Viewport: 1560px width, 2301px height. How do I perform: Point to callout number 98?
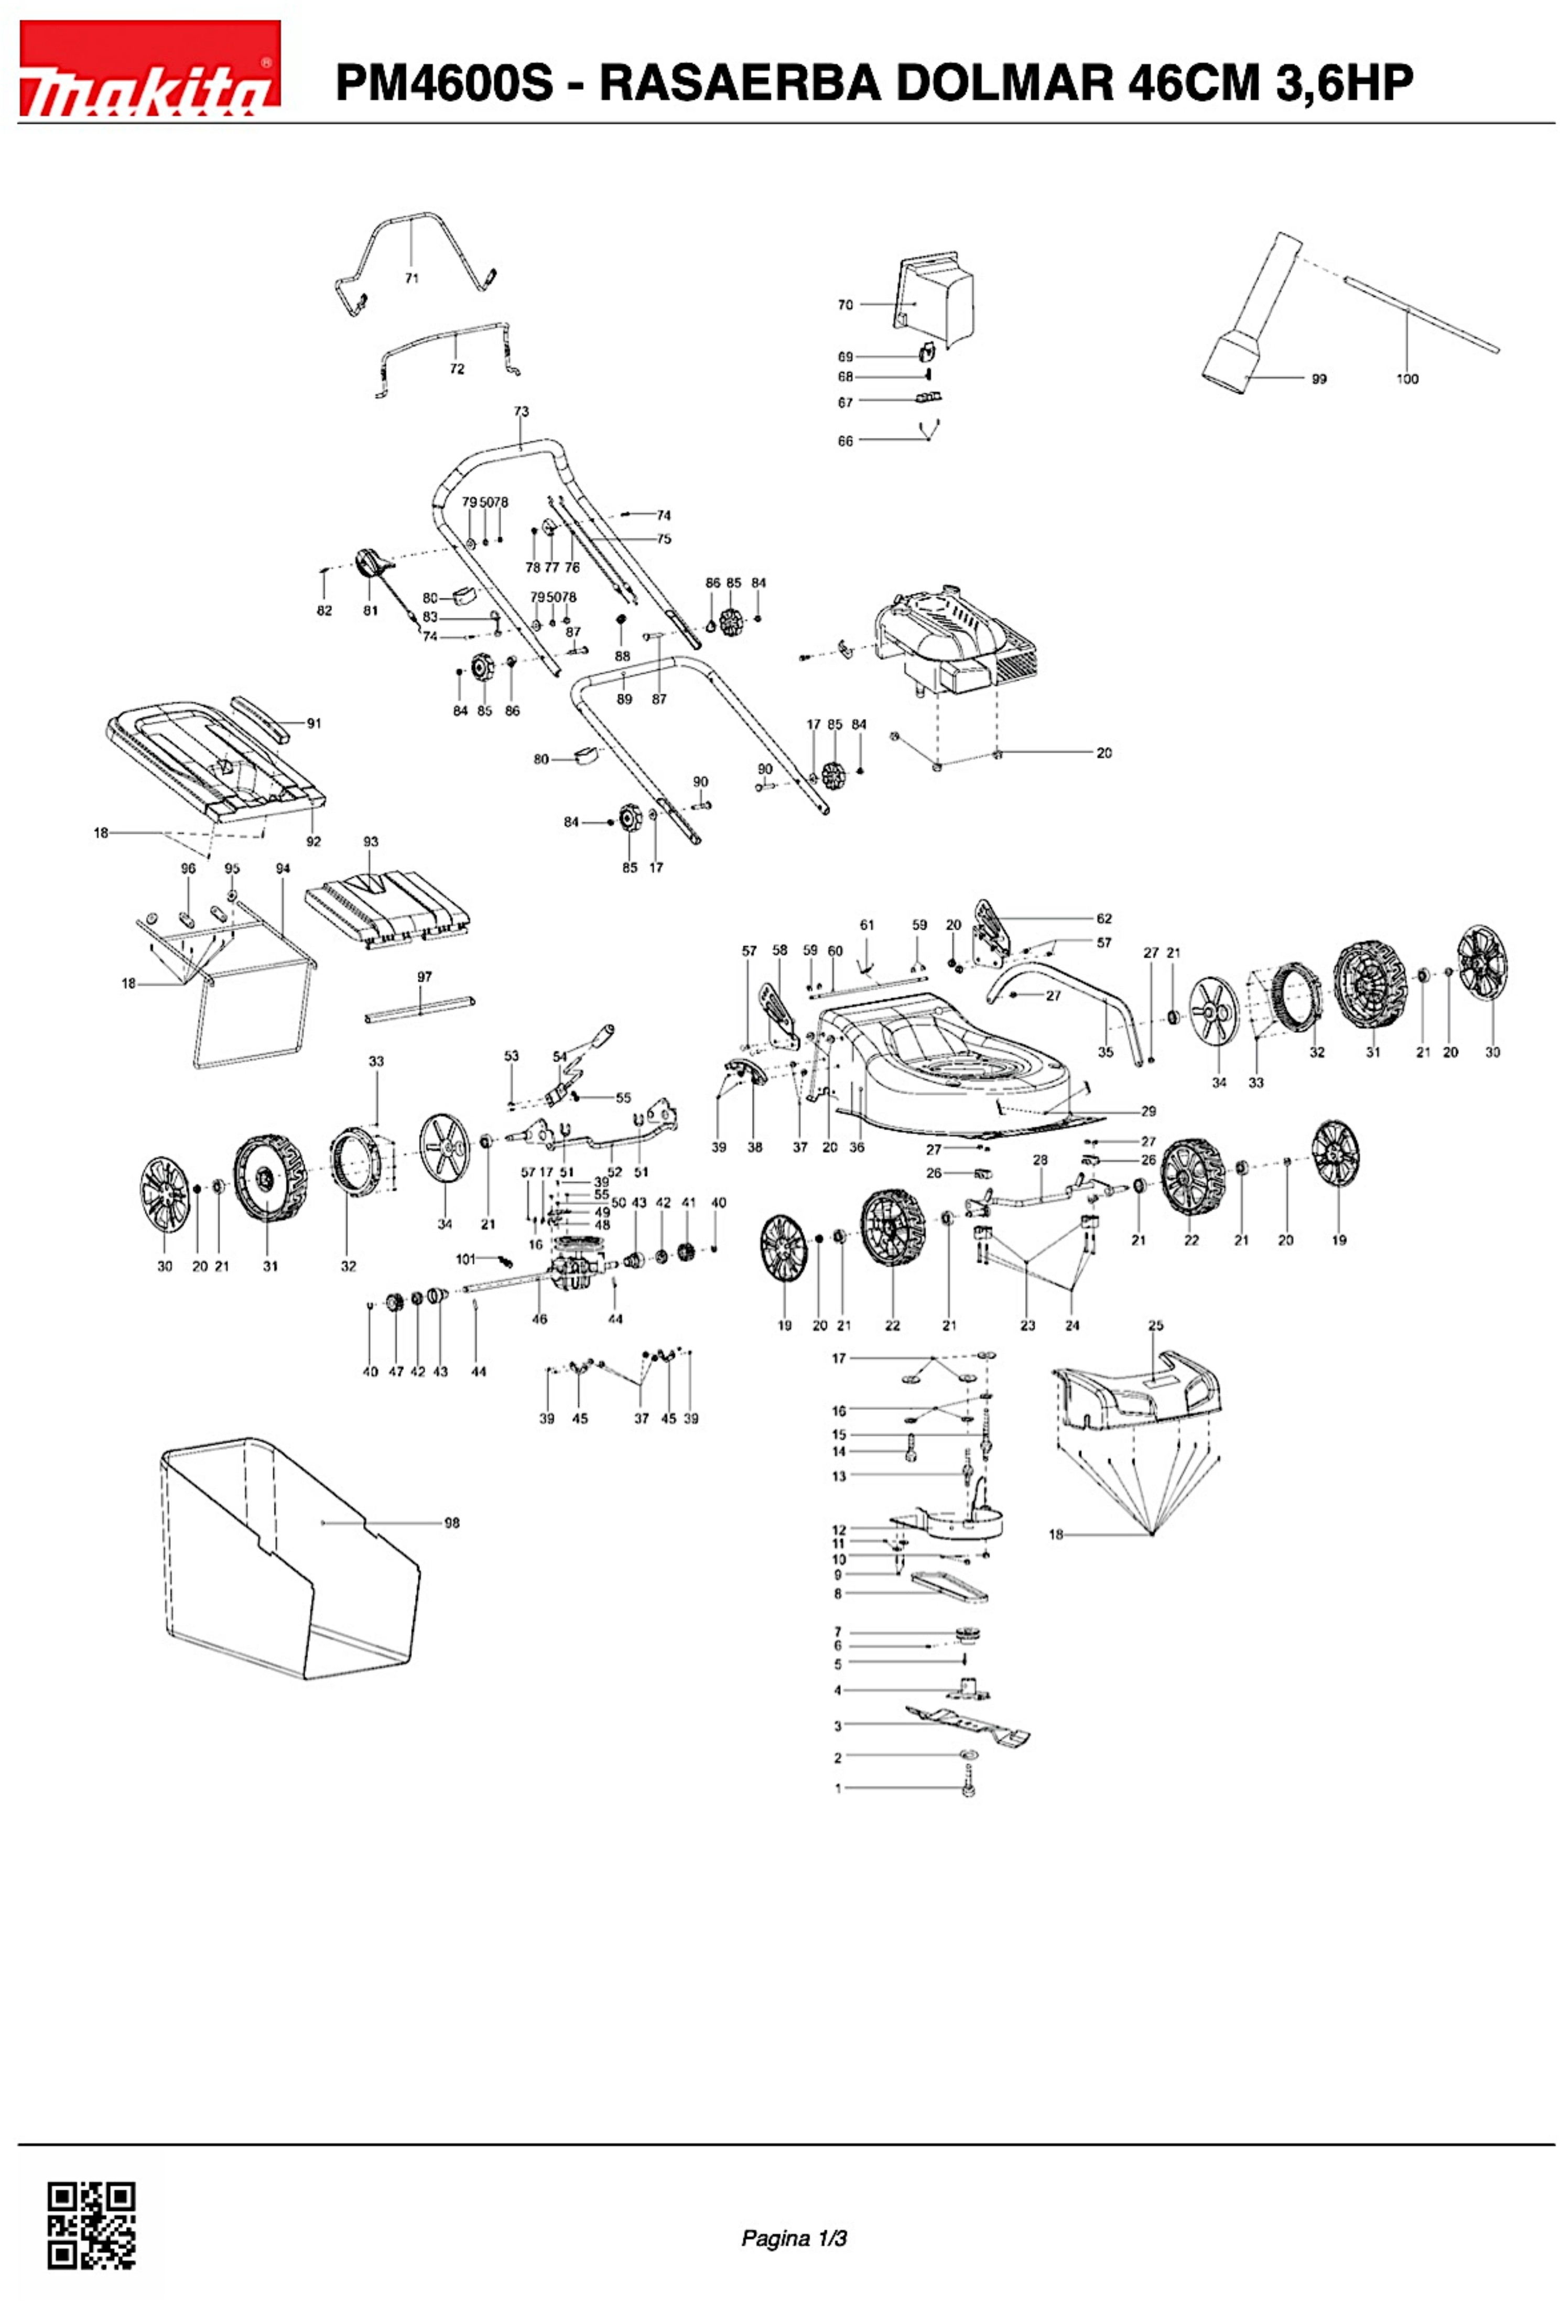point(451,1523)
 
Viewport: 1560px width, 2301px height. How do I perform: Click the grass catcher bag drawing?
point(287,1564)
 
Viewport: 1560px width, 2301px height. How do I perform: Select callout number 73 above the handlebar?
point(522,412)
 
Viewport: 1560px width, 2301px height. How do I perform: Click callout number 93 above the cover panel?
point(370,841)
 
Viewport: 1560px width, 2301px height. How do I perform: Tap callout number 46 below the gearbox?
point(539,1319)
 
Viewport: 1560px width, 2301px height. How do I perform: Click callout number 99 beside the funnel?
point(1318,379)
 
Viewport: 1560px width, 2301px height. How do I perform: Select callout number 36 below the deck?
point(857,1148)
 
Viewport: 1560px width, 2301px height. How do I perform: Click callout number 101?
point(465,1259)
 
